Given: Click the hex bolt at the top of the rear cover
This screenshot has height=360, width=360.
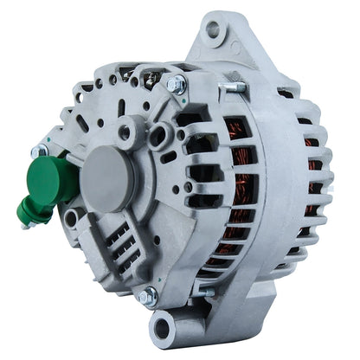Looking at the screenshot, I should point(175,84).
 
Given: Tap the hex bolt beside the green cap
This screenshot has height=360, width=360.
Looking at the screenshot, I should point(39,151).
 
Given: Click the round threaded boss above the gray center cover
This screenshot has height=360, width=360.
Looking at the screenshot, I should point(127,132).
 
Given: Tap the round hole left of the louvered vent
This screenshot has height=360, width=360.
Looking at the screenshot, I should point(74,216).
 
